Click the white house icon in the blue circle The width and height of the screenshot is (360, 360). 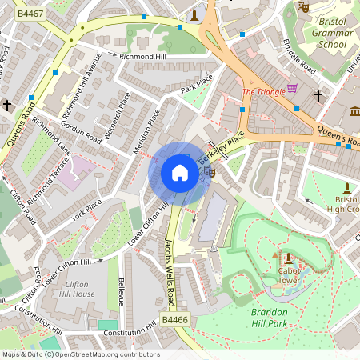pyautogui.click(x=180, y=174)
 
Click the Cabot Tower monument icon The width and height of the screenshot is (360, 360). pyautogui.click(x=288, y=258)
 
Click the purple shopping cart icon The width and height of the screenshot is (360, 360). pyautogui.click(x=293, y=89)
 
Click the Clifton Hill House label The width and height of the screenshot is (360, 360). pyautogui.click(x=80, y=289)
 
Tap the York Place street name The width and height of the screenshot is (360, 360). pyautogui.click(x=86, y=210)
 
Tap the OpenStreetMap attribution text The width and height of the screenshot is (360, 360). pyautogui.click(x=80, y=354)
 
